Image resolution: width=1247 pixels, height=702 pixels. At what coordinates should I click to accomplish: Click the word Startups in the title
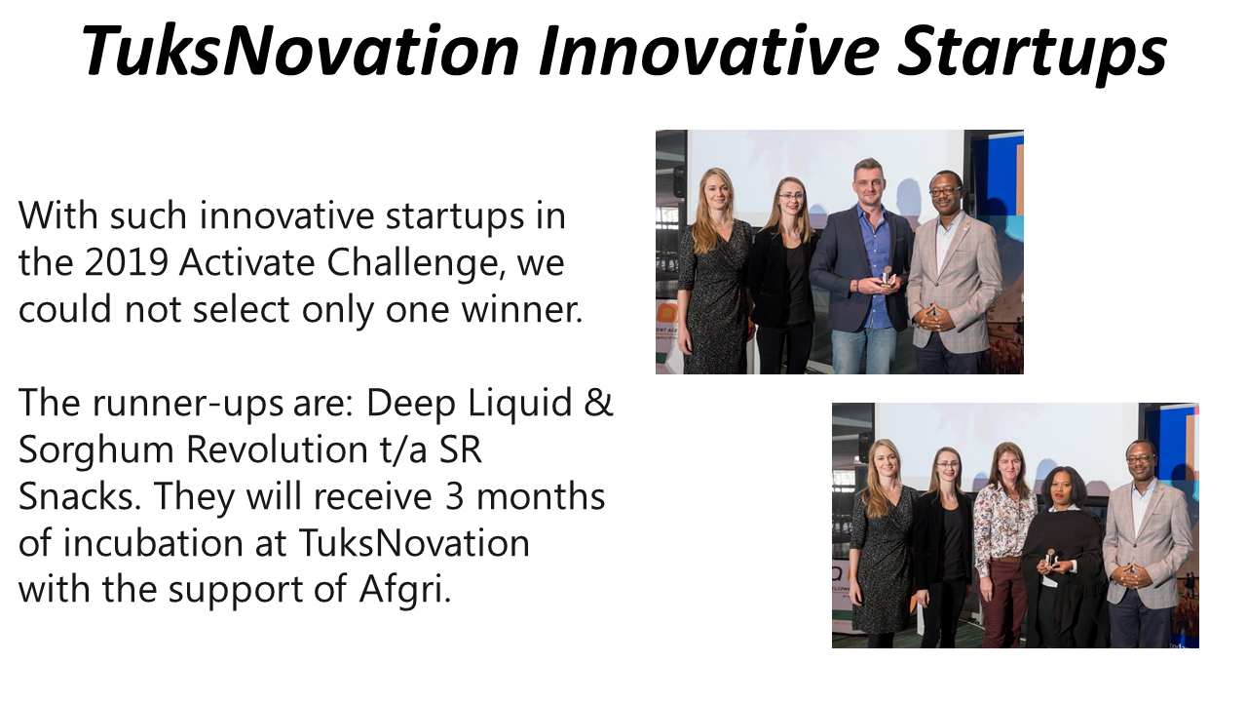1032,53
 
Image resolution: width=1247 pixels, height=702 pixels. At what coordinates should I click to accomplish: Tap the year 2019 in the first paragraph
126,262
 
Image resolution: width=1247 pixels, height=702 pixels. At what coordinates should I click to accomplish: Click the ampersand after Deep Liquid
599,403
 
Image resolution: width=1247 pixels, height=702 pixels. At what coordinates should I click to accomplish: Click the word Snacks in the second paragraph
79,496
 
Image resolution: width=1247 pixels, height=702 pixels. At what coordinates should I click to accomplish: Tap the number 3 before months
454,496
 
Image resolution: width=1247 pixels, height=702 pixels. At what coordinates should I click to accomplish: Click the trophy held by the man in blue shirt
887,277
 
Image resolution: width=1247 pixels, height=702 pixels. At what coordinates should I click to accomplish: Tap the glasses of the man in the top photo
945,191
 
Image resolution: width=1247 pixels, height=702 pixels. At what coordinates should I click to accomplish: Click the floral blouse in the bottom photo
1003,524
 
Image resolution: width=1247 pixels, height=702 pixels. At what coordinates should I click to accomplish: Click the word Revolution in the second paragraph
276,449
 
